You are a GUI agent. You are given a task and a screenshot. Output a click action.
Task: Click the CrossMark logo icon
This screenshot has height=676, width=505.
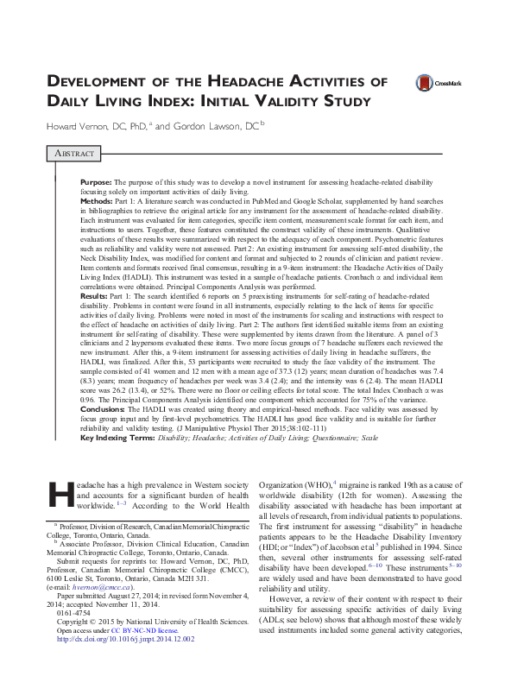click(x=424, y=83)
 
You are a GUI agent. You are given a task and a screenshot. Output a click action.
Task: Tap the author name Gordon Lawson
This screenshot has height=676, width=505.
click(x=206, y=127)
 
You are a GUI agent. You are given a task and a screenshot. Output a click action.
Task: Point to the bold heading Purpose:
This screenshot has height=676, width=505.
click(x=94, y=184)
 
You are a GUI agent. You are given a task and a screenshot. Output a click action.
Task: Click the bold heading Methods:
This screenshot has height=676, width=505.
click(x=96, y=200)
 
